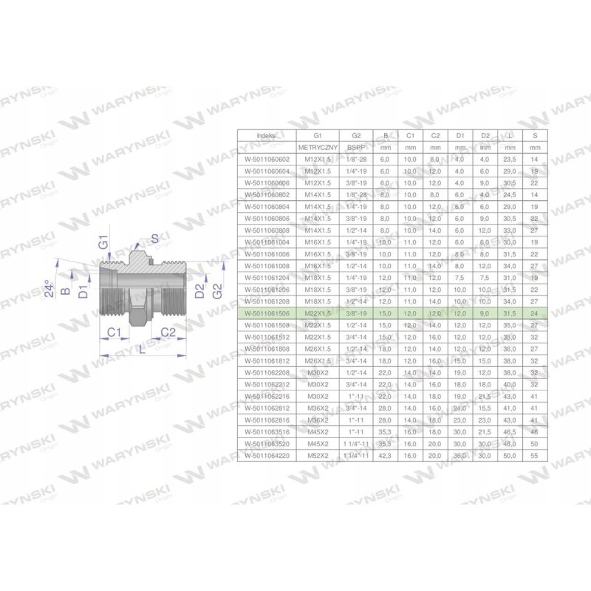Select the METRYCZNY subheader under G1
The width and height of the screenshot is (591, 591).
[318, 148]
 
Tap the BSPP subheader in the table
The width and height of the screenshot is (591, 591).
[356, 148]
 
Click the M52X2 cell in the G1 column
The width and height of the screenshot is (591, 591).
[318, 457]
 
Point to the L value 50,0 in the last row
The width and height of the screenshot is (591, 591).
[509, 457]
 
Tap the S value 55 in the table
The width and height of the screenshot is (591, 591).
[534, 457]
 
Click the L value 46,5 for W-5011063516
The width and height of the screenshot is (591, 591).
[509, 433]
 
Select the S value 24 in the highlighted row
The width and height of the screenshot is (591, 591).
[534, 313]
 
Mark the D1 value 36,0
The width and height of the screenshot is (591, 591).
[460, 457]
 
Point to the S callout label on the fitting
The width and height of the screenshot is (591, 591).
[154, 237]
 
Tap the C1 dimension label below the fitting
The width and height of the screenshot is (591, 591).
[113, 332]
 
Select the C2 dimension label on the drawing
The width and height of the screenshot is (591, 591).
[168, 332]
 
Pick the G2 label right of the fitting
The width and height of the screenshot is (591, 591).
[216, 290]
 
